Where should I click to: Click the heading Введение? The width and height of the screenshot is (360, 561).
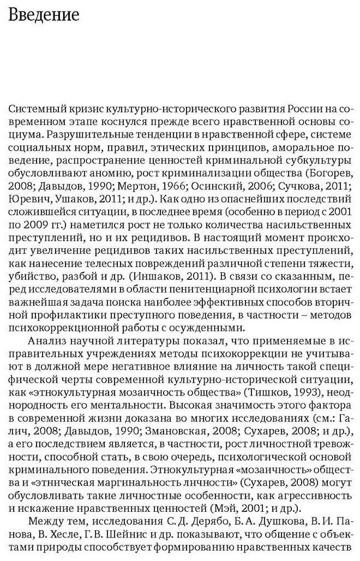tap(44, 15)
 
